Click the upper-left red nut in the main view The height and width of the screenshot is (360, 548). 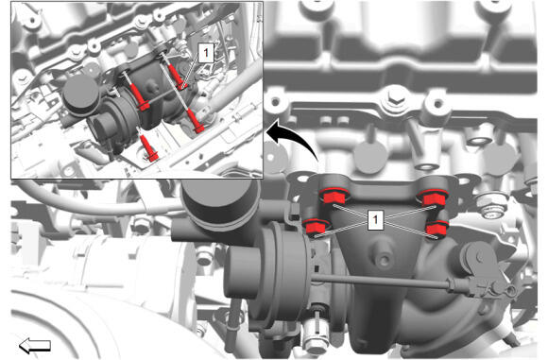(333, 197)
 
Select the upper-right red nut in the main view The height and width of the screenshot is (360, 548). (434, 198)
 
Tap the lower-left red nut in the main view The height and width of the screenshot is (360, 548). (316, 227)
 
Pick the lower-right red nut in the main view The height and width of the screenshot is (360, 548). (437, 229)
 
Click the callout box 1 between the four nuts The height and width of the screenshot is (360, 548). (375, 220)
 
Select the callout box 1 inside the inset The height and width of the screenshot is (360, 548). (206, 53)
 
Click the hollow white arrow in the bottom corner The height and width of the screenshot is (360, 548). (35, 345)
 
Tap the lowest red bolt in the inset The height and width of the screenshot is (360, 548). (149, 147)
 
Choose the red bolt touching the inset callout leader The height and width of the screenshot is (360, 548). (175, 77)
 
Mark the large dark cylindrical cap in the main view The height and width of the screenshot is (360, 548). (221, 203)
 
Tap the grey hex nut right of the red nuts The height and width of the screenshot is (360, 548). (491, 207)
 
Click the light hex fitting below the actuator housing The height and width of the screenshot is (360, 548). (316, 336)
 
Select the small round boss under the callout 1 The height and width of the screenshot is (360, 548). (384, 260)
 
